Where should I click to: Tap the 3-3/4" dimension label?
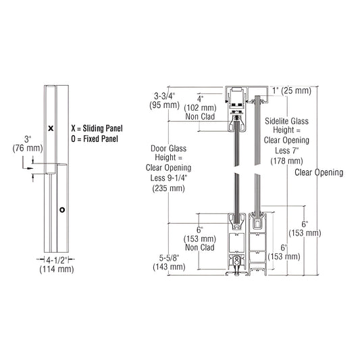coord(165,96)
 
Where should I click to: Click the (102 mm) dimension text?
coord(200,106)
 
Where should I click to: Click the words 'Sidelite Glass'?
coord(286,121)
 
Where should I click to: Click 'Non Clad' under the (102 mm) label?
coord(200,115)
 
